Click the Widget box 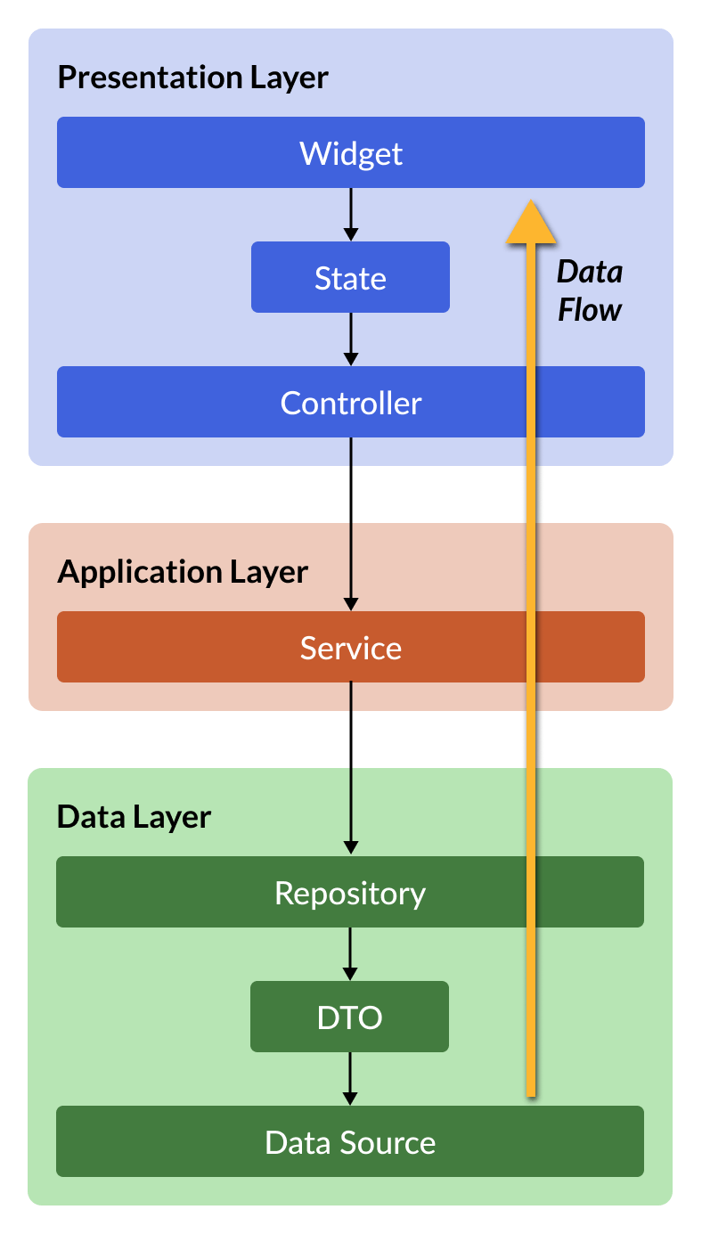(350, 152)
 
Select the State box (350, 277)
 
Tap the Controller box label (350, 403)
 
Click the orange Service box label (350, 648)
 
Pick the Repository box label (350, 894)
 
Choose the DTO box (349, 1017)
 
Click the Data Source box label (350, 1142)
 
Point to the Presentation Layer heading (192, 78)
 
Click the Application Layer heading (183, 572)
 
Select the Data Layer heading (134, 817)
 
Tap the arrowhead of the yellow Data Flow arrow (531, 200)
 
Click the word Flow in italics (590, 309)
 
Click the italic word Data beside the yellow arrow (590, 272)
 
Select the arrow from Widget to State (351, 215)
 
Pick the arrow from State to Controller (351, 339)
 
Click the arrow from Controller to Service (351, 524)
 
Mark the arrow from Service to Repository (351, 769)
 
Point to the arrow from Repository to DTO (350, 954)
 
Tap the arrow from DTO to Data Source (350, 1079)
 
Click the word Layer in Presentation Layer (290, 78)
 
